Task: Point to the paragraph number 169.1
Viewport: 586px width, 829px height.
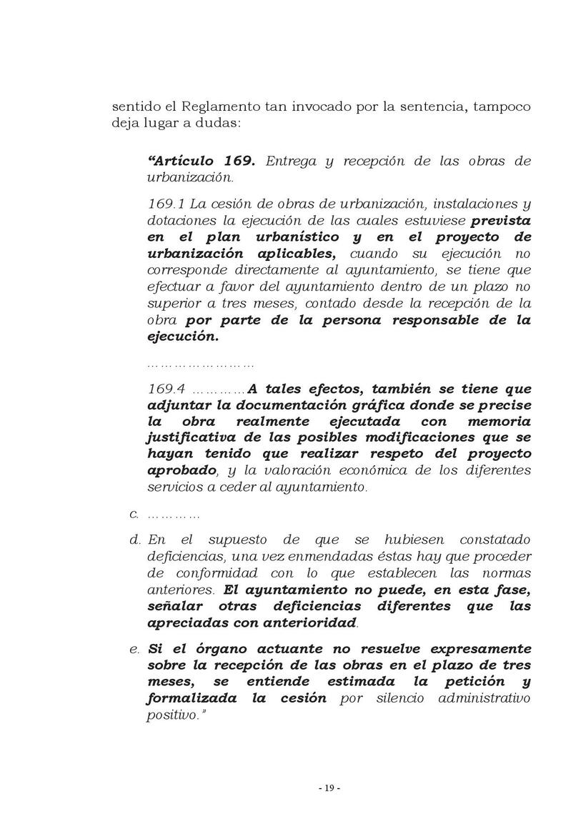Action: click(166, 204)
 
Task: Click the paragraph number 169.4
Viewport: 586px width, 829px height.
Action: click(167, 389)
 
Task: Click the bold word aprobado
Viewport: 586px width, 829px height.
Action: click(182, 470)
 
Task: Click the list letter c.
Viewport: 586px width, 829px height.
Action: click(133, 515)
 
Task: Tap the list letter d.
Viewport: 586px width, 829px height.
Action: click(134, 540)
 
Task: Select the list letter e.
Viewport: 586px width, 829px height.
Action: click(134, 650)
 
